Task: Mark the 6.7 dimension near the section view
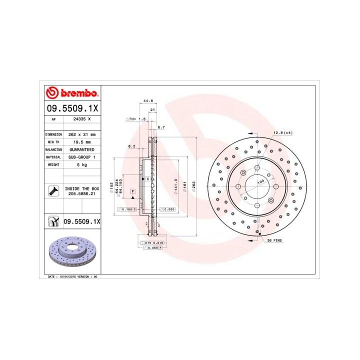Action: [x=161, y=127]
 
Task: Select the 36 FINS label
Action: [x=275, y=240]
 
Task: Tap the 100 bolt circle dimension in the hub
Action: [x=260, y=183]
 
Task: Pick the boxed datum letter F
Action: [x=133, y=191]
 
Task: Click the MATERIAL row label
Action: [x=53, y=156]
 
